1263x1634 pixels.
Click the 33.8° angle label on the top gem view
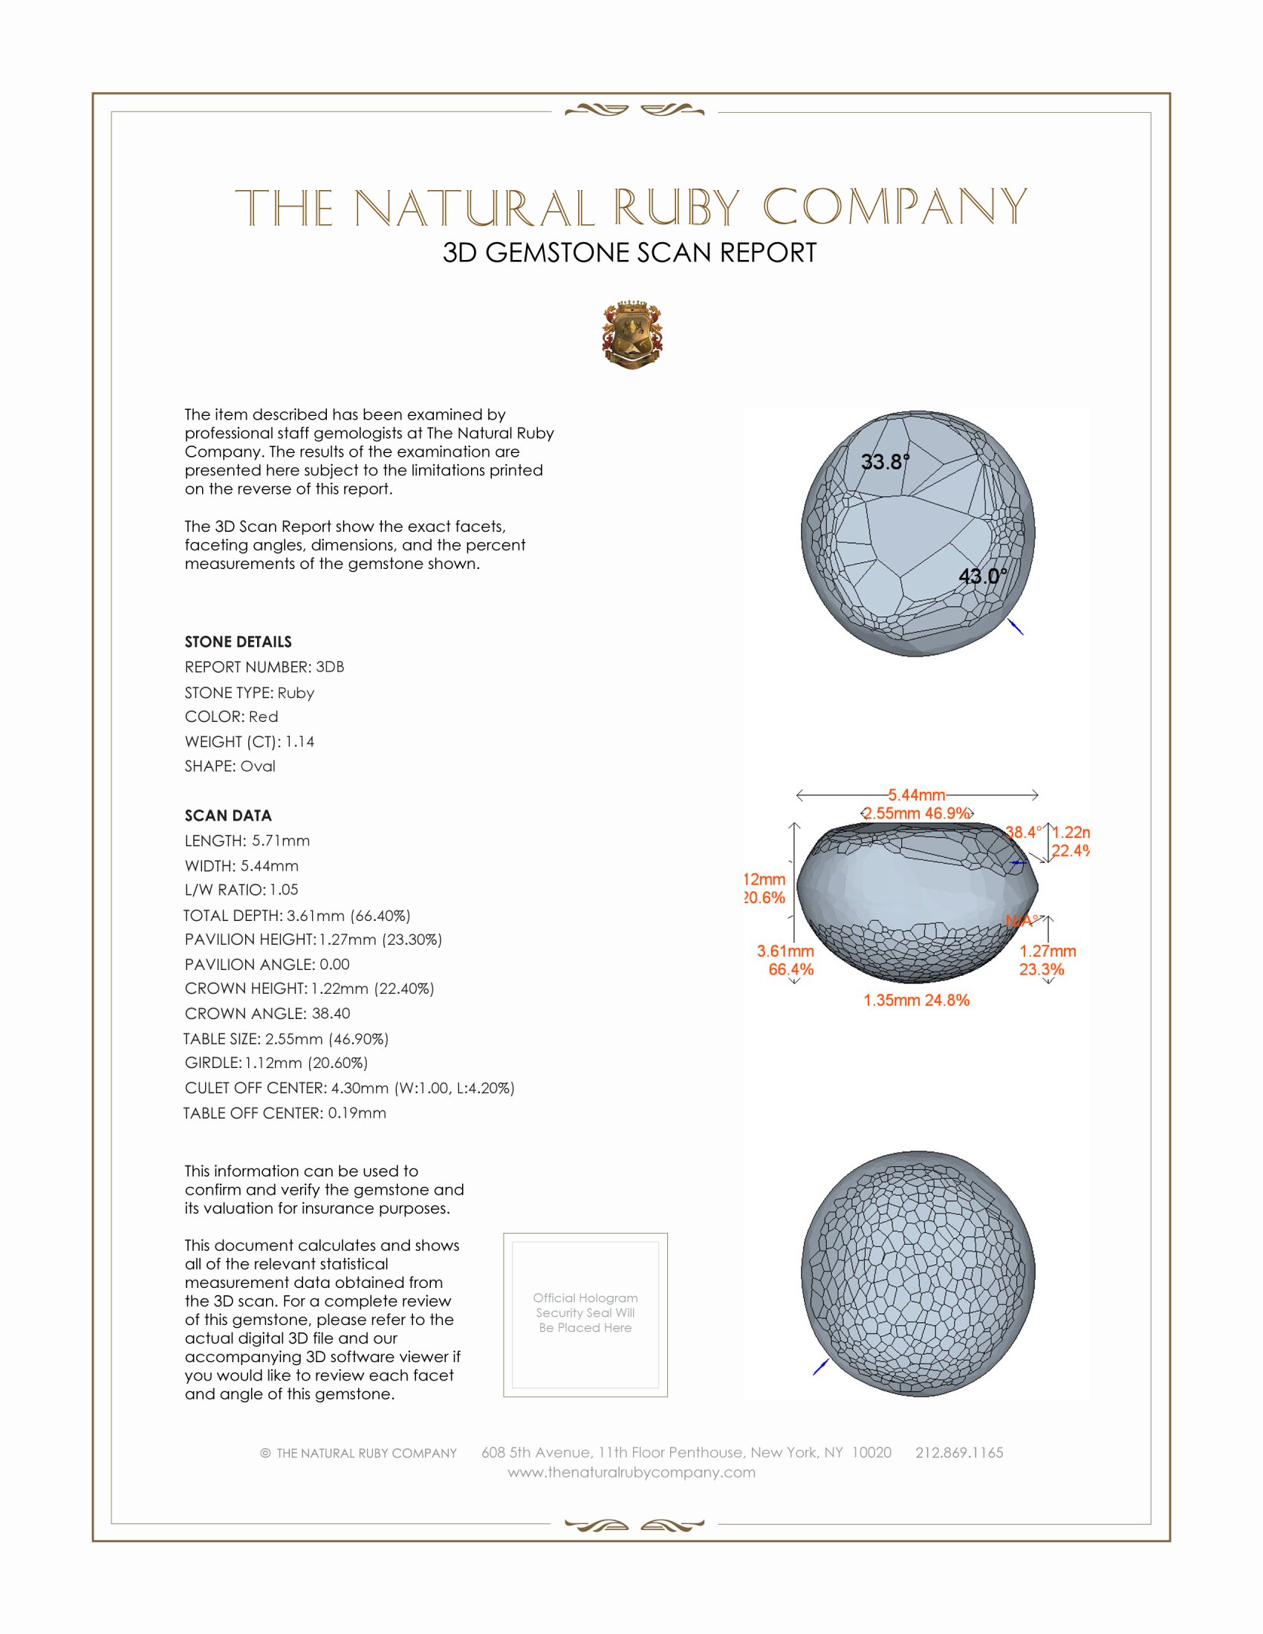884,462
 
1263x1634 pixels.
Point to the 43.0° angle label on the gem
982,576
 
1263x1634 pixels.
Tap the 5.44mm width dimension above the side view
917,795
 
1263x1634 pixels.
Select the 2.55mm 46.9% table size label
917,813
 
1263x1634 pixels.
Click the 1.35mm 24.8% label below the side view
916,1000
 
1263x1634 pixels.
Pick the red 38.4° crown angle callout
1023,832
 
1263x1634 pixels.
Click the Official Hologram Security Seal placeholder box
585,1315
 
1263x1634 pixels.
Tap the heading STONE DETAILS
238,642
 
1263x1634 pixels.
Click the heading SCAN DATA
228,816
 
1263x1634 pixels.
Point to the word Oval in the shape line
257,766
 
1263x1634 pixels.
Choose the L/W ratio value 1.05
284,890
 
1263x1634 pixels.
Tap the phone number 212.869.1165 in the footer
959,1452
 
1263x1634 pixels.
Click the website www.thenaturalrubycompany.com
631,1471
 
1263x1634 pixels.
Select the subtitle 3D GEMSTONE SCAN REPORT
629,253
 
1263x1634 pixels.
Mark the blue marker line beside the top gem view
1016,626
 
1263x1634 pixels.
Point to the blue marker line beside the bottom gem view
821,1366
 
